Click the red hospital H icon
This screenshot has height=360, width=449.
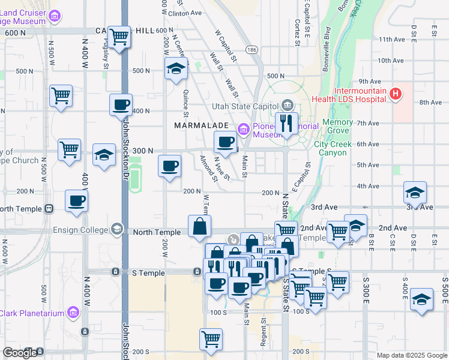(x=394, y=94)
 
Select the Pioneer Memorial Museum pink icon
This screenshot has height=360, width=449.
(x=244, y=128)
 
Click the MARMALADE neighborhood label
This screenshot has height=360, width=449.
(x=202, y=125)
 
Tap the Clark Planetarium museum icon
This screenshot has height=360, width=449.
(x=73, y=312)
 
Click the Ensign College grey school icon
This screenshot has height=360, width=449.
(x=116, y=229)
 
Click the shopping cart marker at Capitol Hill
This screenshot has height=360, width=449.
(x=120, y=37)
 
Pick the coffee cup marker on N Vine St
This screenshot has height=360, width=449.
(x=226, y=143)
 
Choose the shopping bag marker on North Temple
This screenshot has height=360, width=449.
(x=199, y=227)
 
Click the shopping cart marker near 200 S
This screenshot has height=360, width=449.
(x=211, y=340)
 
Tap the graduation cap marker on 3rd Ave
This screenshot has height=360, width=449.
(x=415, y=193)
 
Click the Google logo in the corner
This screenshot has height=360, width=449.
(x=20, y=352)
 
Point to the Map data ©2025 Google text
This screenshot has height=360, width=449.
(x=412, y=355)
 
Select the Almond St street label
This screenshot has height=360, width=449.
(x=208, y=167)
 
